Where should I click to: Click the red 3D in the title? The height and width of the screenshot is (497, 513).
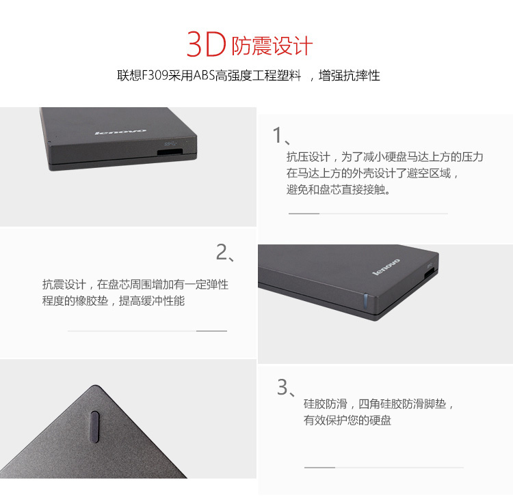206,44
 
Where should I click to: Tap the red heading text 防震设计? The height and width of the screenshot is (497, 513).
272,46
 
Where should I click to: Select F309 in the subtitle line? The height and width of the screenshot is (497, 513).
155,75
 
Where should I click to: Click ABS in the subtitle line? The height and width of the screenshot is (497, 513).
204,75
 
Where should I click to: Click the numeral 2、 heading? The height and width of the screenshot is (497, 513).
226,253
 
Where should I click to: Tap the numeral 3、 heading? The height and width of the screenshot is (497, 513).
287,387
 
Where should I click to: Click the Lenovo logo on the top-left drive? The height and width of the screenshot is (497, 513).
120,132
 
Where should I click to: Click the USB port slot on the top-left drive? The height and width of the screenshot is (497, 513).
170,152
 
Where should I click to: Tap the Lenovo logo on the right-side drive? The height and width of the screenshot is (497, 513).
386,266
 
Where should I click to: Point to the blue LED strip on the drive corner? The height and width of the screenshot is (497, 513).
365,301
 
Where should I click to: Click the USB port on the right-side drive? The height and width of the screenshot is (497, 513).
430,272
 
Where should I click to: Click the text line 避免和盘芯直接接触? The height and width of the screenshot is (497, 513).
339,189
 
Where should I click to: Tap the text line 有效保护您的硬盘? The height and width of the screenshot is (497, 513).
347,420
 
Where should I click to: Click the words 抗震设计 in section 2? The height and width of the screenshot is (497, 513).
64,285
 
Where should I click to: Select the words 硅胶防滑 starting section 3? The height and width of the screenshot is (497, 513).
325,404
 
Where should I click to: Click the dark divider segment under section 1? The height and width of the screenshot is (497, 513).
304,214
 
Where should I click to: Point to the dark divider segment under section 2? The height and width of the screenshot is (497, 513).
211,331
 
